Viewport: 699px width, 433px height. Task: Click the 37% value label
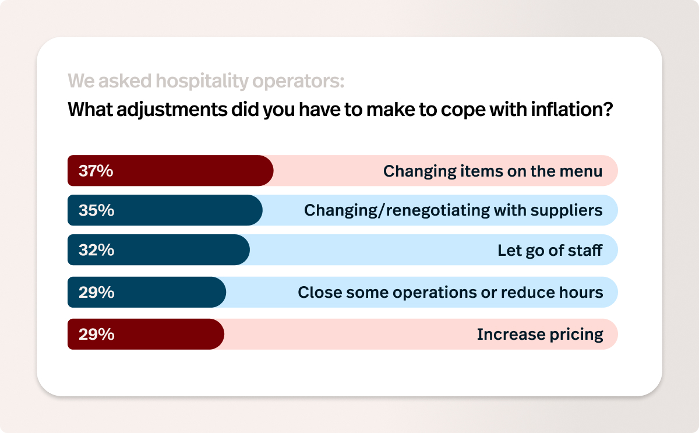[x=96, y=171]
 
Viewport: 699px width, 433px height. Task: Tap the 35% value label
[x=97, y=210]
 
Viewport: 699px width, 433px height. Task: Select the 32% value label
[x=97, y=250]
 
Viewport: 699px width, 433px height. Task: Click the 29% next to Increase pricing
[x=97, y=334]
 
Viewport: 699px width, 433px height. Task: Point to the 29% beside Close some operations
[x=97, y=292]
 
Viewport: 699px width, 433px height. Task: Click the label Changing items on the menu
[x=493, y=171]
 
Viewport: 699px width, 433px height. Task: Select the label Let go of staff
[x=550, y=251]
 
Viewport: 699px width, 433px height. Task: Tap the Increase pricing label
[x=540, y=335]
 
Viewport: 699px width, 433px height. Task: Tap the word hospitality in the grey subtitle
[x=202, y=81]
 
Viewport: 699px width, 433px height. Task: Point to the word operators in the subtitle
[x=298, y=82]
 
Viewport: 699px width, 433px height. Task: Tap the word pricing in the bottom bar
[x=576, y=335]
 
